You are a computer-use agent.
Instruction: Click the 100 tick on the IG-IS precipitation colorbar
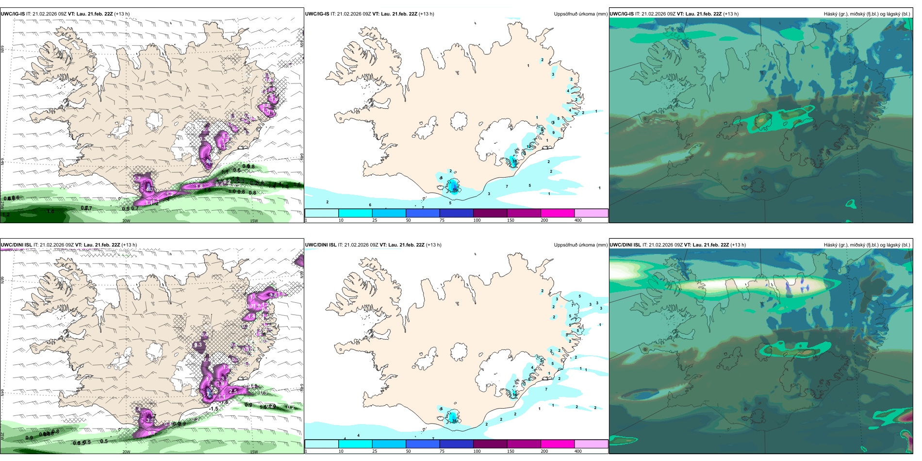[477, 220]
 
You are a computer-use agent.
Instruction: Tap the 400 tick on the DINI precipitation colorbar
[578, 451]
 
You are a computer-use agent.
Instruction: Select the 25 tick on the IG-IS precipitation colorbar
[375, 220]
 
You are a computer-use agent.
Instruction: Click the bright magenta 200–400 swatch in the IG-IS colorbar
[558, 213]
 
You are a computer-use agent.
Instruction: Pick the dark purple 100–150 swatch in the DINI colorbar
[490, 444]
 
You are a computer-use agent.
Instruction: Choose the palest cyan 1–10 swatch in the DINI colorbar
[321, 444]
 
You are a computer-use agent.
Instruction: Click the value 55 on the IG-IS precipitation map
[455, 190]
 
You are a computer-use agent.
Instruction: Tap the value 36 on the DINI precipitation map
[455, 421]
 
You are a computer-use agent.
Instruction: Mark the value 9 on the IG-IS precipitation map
[554, 132]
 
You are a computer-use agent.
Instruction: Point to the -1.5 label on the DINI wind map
[214, 409]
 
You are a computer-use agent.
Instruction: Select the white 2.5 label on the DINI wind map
[232, 391]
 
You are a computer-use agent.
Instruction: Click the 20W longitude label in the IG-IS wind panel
[126, 221]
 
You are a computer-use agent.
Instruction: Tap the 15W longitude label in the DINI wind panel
[254, 452]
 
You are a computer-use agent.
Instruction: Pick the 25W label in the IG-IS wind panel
[2, 205]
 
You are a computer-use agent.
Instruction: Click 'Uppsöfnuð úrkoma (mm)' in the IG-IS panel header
[580, 14]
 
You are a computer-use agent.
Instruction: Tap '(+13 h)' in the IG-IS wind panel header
[122, 14]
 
